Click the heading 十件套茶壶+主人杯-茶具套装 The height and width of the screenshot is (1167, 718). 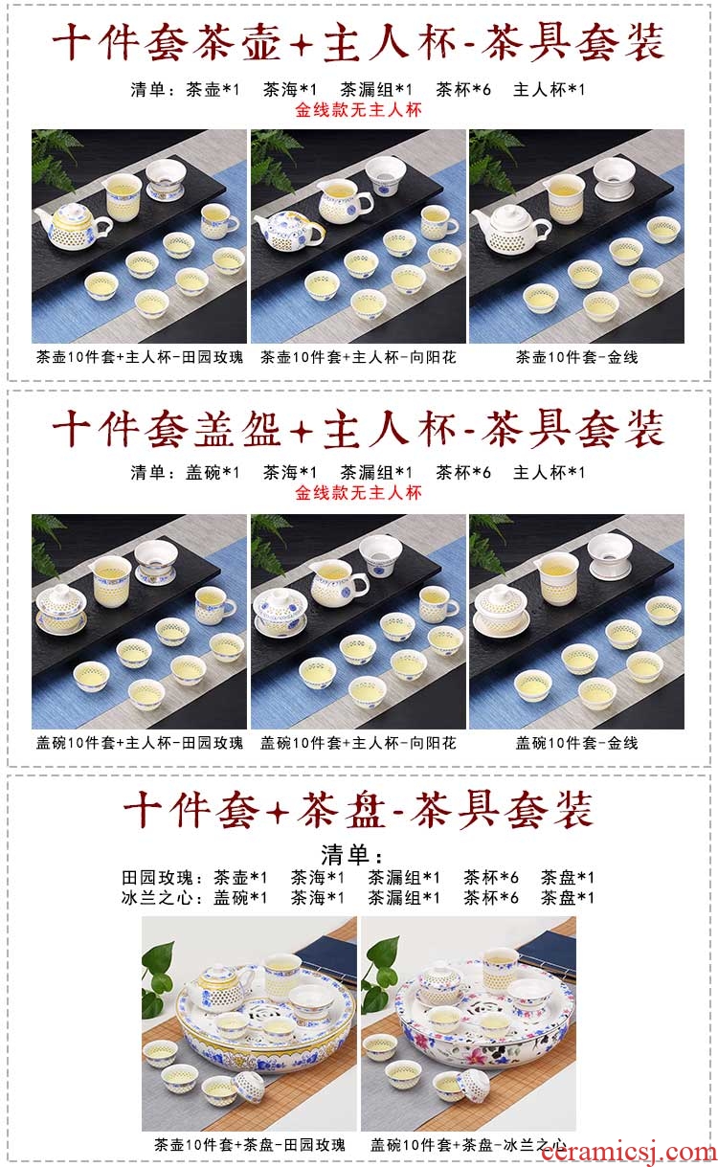[358, 42]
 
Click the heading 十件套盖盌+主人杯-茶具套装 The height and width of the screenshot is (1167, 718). [358, 429]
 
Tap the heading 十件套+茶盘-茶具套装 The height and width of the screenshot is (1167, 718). [358, 809]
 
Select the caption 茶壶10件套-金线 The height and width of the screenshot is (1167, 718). [577, 357]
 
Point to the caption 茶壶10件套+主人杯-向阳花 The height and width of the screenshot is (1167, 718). [358, 357]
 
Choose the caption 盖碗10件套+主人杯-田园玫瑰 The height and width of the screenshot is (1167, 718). [140, 743]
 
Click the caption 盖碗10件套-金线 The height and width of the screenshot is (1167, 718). [577, 743]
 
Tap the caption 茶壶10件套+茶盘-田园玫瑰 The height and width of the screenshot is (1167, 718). [250, 1145]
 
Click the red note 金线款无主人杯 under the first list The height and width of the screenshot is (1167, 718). [358, 110]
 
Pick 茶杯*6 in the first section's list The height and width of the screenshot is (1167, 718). [463, 90]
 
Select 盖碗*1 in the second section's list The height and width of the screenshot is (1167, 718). [213, 473]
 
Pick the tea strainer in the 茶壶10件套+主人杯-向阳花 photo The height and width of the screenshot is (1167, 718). [386, 176]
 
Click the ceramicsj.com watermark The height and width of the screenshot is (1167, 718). [629, 1152]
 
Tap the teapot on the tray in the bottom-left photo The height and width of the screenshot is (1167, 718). [216, 983]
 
